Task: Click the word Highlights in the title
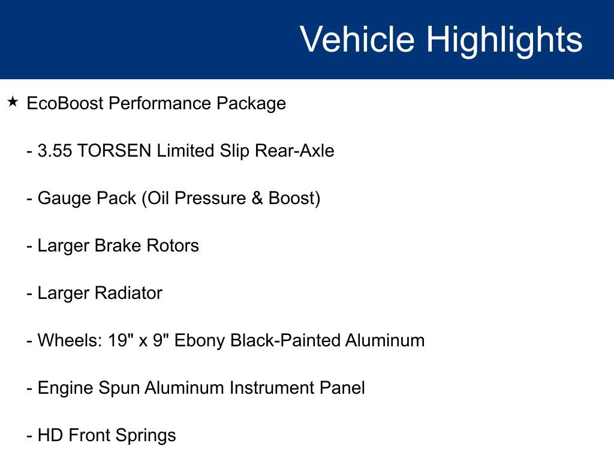[504, 40]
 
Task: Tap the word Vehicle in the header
[357, 40]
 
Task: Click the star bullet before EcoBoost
[13, 101]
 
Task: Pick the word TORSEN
[115, 151]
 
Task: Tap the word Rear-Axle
[294, 151]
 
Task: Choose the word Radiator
[128, 293]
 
